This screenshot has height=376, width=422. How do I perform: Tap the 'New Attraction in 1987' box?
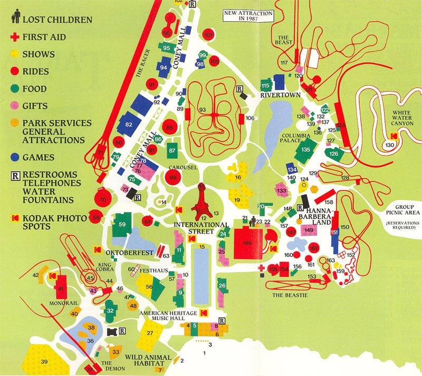(247, 15)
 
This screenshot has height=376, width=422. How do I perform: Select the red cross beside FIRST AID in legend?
(16, 37)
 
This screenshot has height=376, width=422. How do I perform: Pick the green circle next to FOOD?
(16, 89)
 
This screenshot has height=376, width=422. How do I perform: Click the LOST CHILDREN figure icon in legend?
(16, 19)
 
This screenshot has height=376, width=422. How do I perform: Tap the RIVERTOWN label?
(280, 95)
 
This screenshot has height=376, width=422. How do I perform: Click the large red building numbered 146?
(247, 242)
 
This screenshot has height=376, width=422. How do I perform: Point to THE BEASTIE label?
(289, 295)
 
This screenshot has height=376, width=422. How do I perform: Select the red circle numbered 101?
(208, 35)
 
